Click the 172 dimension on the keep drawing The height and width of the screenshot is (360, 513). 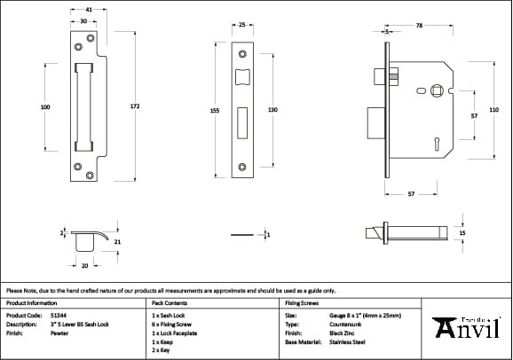point(135,106)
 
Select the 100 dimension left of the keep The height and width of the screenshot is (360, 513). point(45,106)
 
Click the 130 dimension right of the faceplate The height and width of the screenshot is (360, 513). point(272,110)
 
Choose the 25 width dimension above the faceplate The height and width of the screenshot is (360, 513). point(242,26)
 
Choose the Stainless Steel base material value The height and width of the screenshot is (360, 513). point(348,341)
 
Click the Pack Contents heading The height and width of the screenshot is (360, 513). point(168,302)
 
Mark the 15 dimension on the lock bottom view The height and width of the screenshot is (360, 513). point(462,232)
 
